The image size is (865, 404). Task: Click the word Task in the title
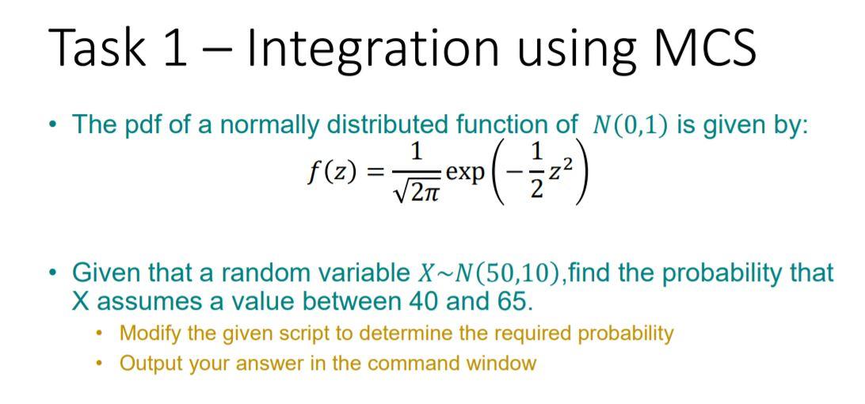pos(96,48)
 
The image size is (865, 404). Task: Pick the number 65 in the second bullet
pos(511,301)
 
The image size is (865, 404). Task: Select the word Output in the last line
pos(147,364)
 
